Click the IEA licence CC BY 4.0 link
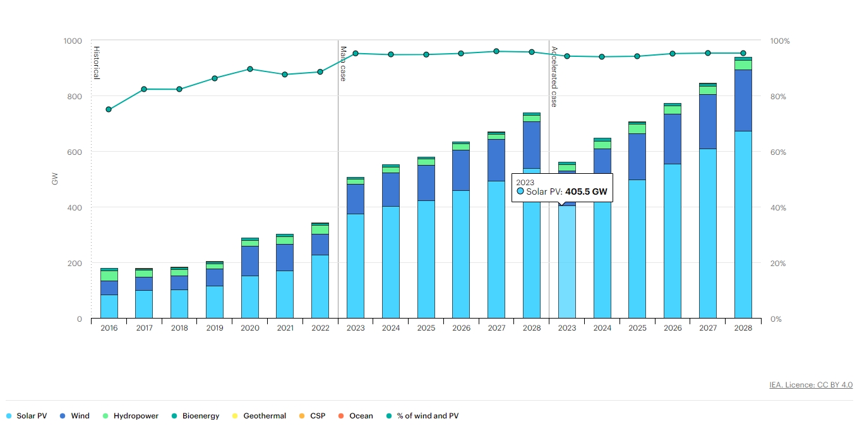pyautogui.click(x=811, y=384)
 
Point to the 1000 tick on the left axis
pyautogui.click(x=73, y=41)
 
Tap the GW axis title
pyautogui.click(x=55, y=179)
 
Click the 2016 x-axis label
pyautogui.click(x=109, y=329)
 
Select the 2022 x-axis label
pyautogui.click(x=320, y=329)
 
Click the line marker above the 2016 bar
pyautogui.click(x=109, y=109)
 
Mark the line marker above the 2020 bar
pyautogui.click(x=250, y=69)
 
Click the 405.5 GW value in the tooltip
pyautogui.click(x=586, y=192)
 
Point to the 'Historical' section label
pyautogui.click(x=97, y=63)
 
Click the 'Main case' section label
pyautogui.click(x=344, y=63)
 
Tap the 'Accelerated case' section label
pyautogui.click(x=554, y=76)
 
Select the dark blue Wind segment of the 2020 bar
pyautogui.click(x=250, y=260)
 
